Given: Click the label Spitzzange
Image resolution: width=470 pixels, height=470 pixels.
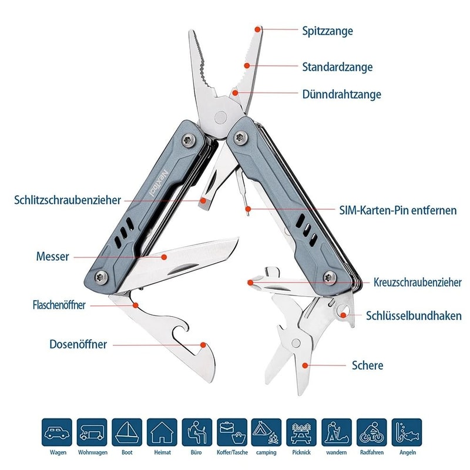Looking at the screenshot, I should click(x=327, y=31).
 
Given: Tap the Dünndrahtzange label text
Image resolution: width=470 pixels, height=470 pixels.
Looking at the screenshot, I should click(x=341, y=94).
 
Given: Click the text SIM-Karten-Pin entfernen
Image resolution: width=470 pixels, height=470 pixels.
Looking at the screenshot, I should click(x=398, y=210).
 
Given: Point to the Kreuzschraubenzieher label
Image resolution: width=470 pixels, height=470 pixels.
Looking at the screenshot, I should click(x=417, y=283).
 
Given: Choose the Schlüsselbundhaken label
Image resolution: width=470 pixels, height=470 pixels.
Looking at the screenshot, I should click(x=414, y=315).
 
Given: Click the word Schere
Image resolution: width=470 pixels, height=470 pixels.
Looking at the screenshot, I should click(x=367, y=365).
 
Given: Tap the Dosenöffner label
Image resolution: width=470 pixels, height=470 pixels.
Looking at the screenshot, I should click(x=78, y=344).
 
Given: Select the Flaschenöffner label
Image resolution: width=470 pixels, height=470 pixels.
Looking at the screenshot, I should click(x=59, y=305).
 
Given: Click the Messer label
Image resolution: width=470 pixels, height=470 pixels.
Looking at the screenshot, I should click(x=52, y=256).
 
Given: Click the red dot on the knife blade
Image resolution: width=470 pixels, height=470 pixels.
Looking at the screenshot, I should click(x=165, y=256).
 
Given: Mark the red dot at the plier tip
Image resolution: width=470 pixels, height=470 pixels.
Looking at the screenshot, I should click(x=257, y=28).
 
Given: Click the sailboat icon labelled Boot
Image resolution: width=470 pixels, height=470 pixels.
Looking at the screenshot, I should click(x=127, y=433).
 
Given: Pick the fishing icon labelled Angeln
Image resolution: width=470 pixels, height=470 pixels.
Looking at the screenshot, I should click(x=407, y=433).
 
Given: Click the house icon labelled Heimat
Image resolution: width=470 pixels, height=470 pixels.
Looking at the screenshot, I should click(x=162, y=433).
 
